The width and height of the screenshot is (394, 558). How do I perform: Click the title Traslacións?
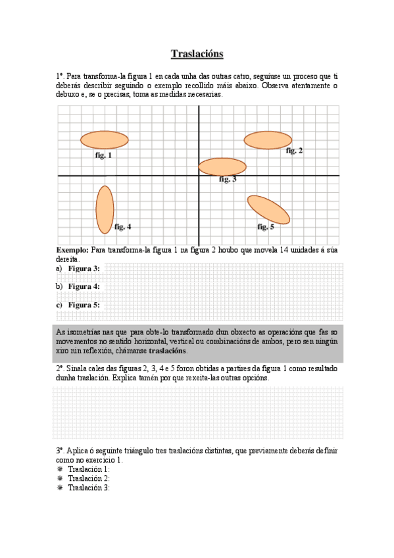pos(197,54)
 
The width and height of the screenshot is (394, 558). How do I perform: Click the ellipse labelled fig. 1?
pos(105,139)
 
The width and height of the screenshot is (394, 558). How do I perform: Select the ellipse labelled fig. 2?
pos(268,140)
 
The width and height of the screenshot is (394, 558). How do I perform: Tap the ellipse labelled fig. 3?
pos(222,166)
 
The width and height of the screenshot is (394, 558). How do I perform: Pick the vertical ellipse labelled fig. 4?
pos(105,209)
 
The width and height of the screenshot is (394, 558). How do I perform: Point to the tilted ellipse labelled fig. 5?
pos(268,209)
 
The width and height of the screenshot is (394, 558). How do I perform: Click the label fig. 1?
pos(103,156)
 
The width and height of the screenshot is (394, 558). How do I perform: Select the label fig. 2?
pos(294,151)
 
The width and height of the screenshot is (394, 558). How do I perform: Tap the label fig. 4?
pos(123,227)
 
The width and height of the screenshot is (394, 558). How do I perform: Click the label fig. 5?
pos(265,227)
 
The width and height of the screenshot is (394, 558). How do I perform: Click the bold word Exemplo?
pos(72,250)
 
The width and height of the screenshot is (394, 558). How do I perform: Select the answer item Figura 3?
pos(84,268)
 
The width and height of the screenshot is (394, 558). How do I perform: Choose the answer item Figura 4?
pos(84,287)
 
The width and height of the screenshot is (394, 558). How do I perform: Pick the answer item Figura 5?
pos(84,305)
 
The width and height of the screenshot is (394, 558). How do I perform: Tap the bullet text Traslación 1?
pos(89,469)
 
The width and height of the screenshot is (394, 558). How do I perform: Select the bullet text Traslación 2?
pos(89,478)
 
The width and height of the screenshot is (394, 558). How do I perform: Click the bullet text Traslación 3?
pos(89,488)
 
